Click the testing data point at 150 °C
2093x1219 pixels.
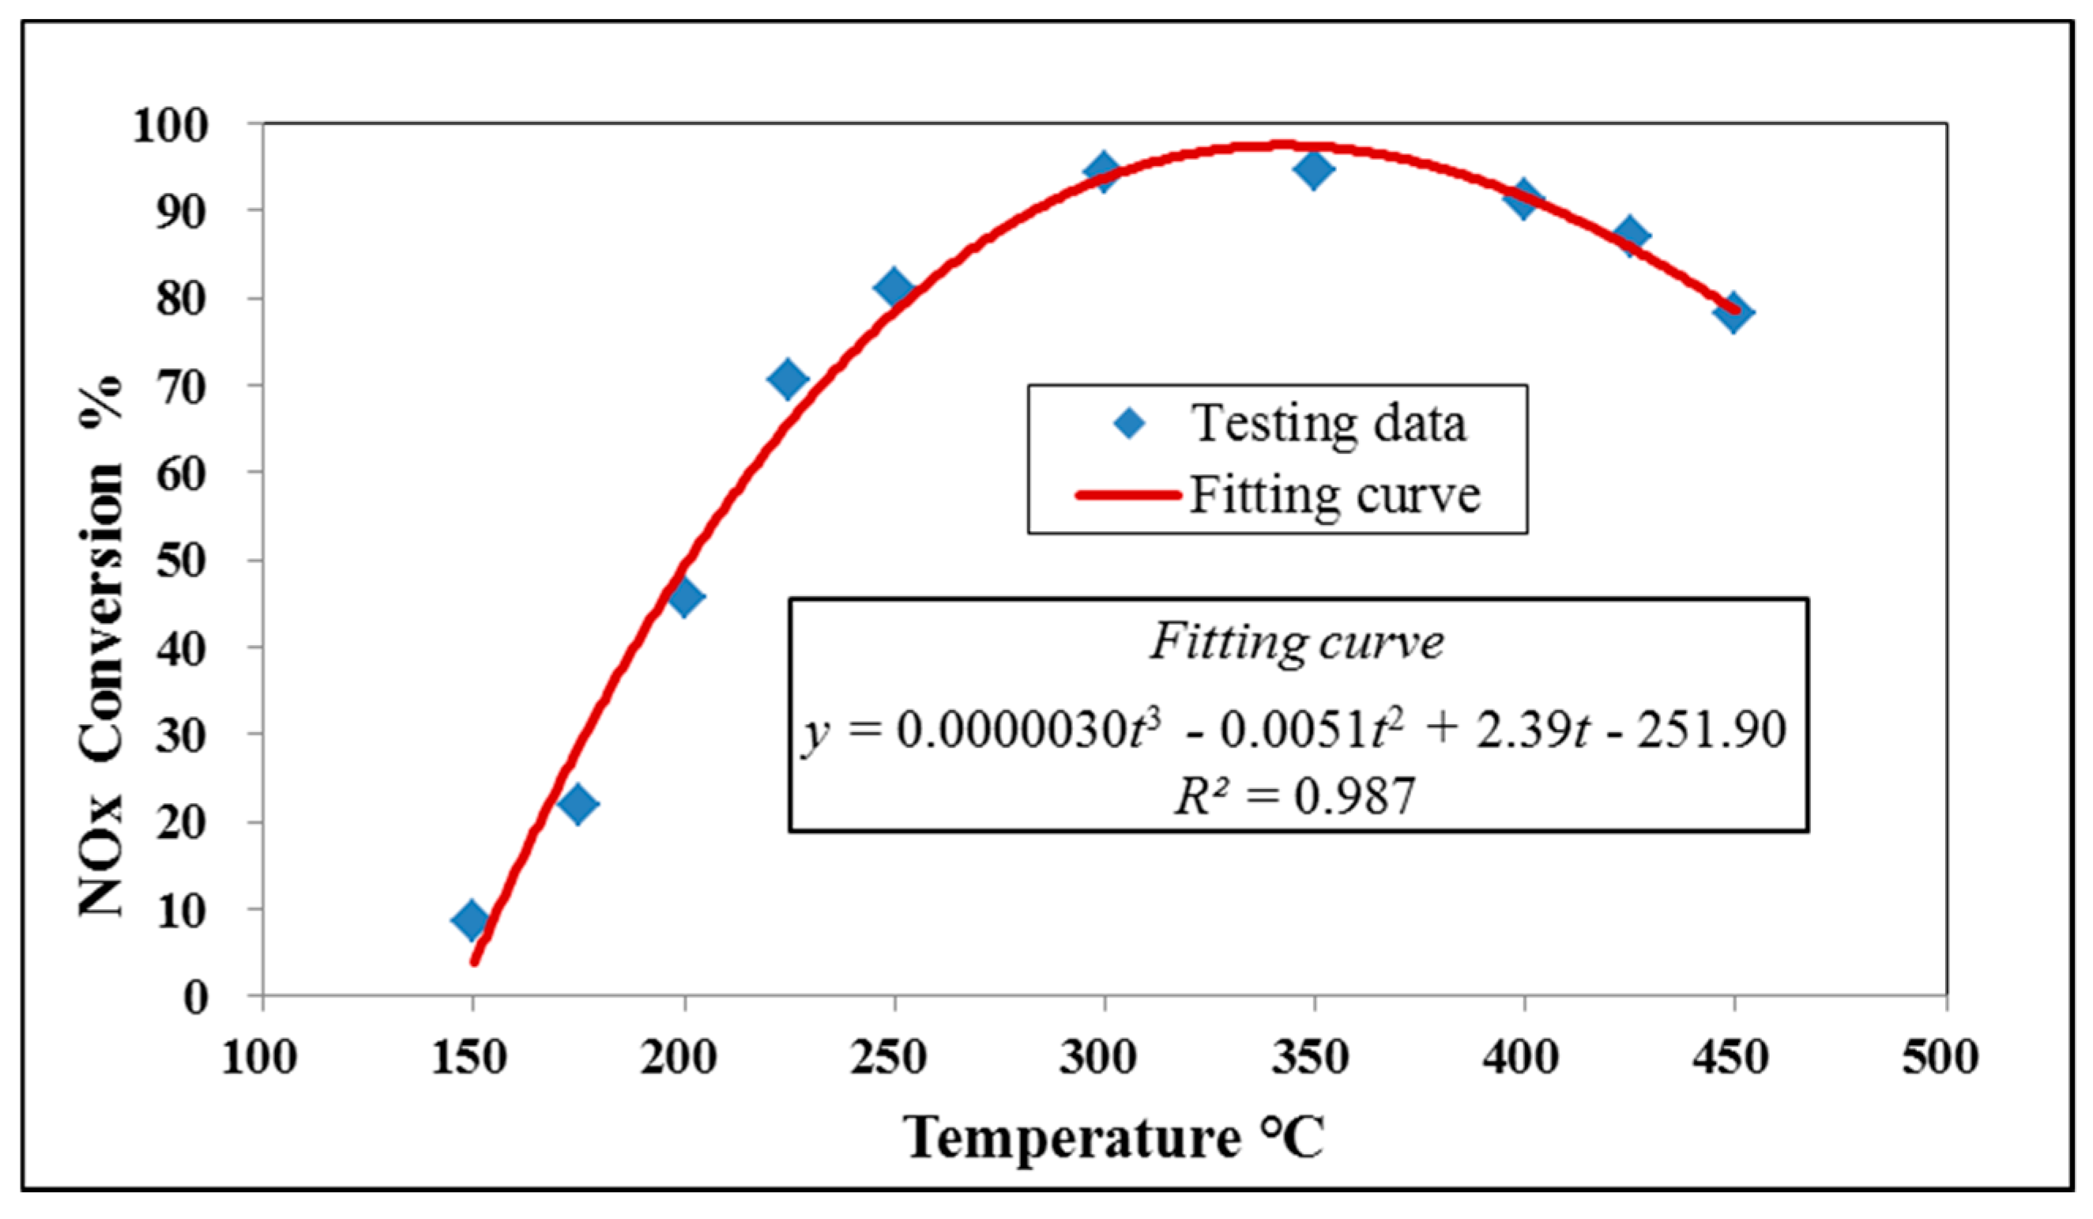coord(472,920)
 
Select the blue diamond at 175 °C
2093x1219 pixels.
coord(578,803)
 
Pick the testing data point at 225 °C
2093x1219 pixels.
coord(789,379)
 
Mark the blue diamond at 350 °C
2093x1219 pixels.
coord(1314,169)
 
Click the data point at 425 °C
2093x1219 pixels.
coord(1629,235)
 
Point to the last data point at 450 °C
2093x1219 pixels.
coord(1734,312)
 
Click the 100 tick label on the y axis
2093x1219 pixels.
coord(169,126)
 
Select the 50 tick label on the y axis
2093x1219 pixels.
coord(181,562)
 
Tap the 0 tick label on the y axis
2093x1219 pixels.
coord(196,997)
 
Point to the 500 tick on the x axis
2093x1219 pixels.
coord(1941,1058)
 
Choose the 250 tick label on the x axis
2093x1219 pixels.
coord(889,1058)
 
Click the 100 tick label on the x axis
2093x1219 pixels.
coord(259,1058)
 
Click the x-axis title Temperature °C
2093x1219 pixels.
coord(1113,1137)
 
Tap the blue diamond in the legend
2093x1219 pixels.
coord(1129,424)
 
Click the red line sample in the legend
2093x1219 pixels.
coord(1128,495)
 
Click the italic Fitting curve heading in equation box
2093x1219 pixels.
coord(1297,641)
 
